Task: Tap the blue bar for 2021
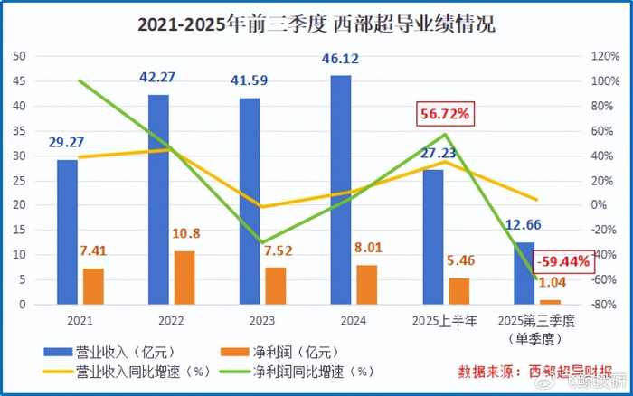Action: [x=67, y=231]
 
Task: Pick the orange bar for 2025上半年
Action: [x=458, y=291]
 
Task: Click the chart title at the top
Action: [x=316, y=24]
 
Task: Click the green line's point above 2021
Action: [x=80, y=80]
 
